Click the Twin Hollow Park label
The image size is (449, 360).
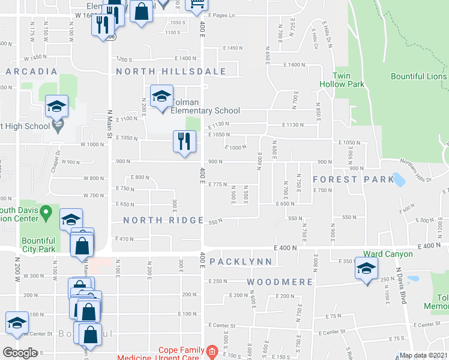click(349, 80)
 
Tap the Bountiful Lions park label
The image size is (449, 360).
click(418, 76)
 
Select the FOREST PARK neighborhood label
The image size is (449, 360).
click(345, 179)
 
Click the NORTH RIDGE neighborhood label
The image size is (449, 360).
click(163, 220)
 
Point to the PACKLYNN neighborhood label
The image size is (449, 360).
click(241, 262)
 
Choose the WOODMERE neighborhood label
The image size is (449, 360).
click(280, 281)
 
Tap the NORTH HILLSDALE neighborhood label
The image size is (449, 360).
click(171, 71)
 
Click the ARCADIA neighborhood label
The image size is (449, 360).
click(31, 71)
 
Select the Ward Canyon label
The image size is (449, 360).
click(388, 254)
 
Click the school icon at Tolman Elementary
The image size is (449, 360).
click(161, 96)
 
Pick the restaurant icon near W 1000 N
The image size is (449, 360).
click(184, 142)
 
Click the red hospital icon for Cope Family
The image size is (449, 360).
click(211, 350)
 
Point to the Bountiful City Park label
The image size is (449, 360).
click(38, 244)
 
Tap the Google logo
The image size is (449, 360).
click(20, 353)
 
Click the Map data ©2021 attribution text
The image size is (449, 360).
click(423, 355)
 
